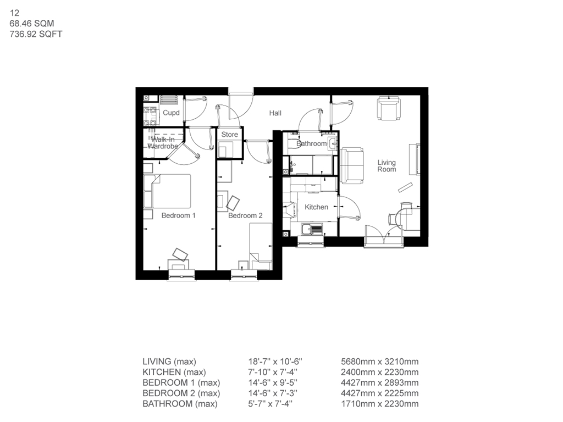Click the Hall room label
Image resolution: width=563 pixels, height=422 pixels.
(x=275, y=113)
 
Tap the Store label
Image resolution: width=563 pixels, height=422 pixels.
(x=230, y=135)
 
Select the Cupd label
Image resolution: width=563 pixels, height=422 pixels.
(x=171, y=113)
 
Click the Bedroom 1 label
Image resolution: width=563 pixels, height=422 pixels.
(x=178, y=215)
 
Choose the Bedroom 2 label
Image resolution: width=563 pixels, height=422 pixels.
(x=245, y=215)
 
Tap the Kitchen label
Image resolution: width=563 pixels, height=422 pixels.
(x=317, y=207)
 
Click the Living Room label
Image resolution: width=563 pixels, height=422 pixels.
(x=386, y=165)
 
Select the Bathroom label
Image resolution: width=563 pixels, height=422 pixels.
(x=311, y=144)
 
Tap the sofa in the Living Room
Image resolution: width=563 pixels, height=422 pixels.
(x=352, y=165)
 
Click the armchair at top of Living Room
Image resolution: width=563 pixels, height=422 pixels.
(x=389, y=108)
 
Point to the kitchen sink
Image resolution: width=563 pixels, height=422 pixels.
(x=311, y=229)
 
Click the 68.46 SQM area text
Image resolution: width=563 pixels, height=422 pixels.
(x=31, y=23)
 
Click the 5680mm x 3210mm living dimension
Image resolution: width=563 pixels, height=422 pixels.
(x=380, y=362)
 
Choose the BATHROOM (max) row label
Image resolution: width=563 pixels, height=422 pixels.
(x=180, y=404)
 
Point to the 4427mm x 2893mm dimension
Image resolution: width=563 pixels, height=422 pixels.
(x=380, y=382)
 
